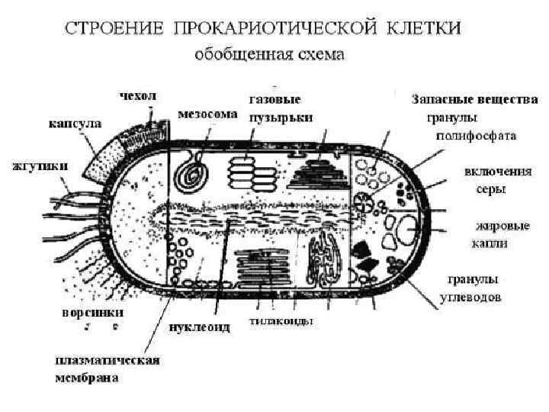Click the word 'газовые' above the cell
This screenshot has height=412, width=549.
click(x=274, y=99)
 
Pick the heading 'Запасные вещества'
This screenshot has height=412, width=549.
click(x=474, y=100)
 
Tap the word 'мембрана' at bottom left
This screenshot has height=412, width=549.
click(x=85, y=377)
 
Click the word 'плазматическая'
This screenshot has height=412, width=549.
click(x=105, y=360)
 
